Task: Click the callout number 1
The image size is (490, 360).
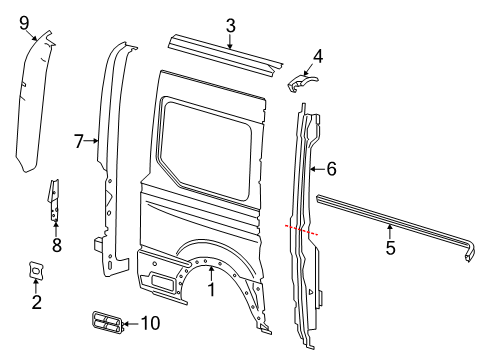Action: [211, 291]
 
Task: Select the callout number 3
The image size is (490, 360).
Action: [230, 25]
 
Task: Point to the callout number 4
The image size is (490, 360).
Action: [317, 56]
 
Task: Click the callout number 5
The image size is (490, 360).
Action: [390, 243]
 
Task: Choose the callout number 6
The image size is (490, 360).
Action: [331, 170]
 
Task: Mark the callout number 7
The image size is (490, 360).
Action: [79, 142]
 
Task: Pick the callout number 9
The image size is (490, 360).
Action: [25, 21]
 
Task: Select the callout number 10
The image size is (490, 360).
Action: [150, 322]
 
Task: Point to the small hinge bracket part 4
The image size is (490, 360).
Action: [304, 82]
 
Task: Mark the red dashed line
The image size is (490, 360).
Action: [303, 230]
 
